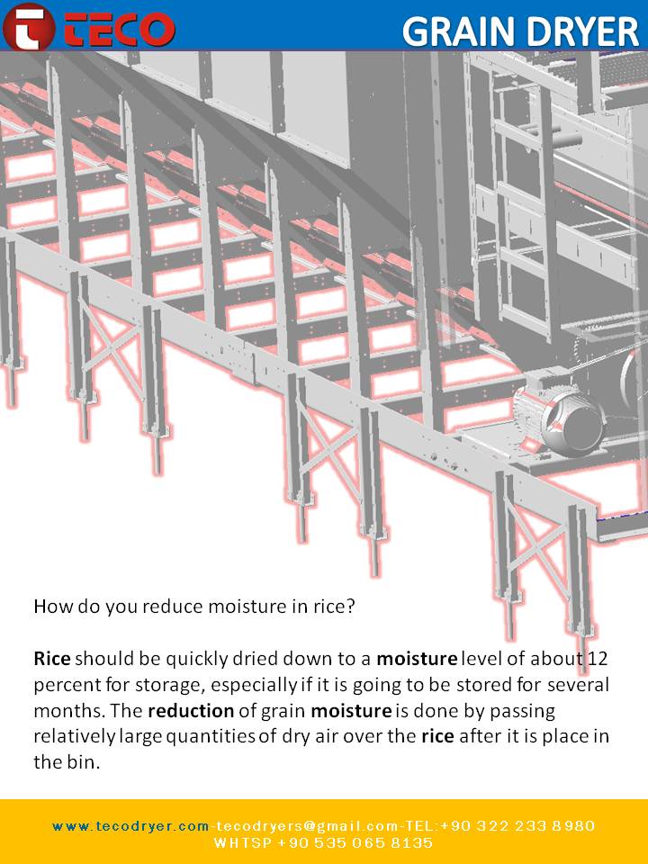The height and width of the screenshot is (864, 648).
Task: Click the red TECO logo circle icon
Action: pos(29,27)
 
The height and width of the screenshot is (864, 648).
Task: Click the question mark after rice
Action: pos(349,606)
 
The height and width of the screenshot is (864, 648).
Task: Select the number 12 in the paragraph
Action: pos(598,659)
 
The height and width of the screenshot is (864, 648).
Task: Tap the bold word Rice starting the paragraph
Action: pos(52,659)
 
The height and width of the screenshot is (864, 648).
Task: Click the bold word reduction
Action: pos(191,711)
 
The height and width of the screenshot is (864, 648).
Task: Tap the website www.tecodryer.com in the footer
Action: pos(131,826)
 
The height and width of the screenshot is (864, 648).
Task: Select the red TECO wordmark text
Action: pos(120,29)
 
